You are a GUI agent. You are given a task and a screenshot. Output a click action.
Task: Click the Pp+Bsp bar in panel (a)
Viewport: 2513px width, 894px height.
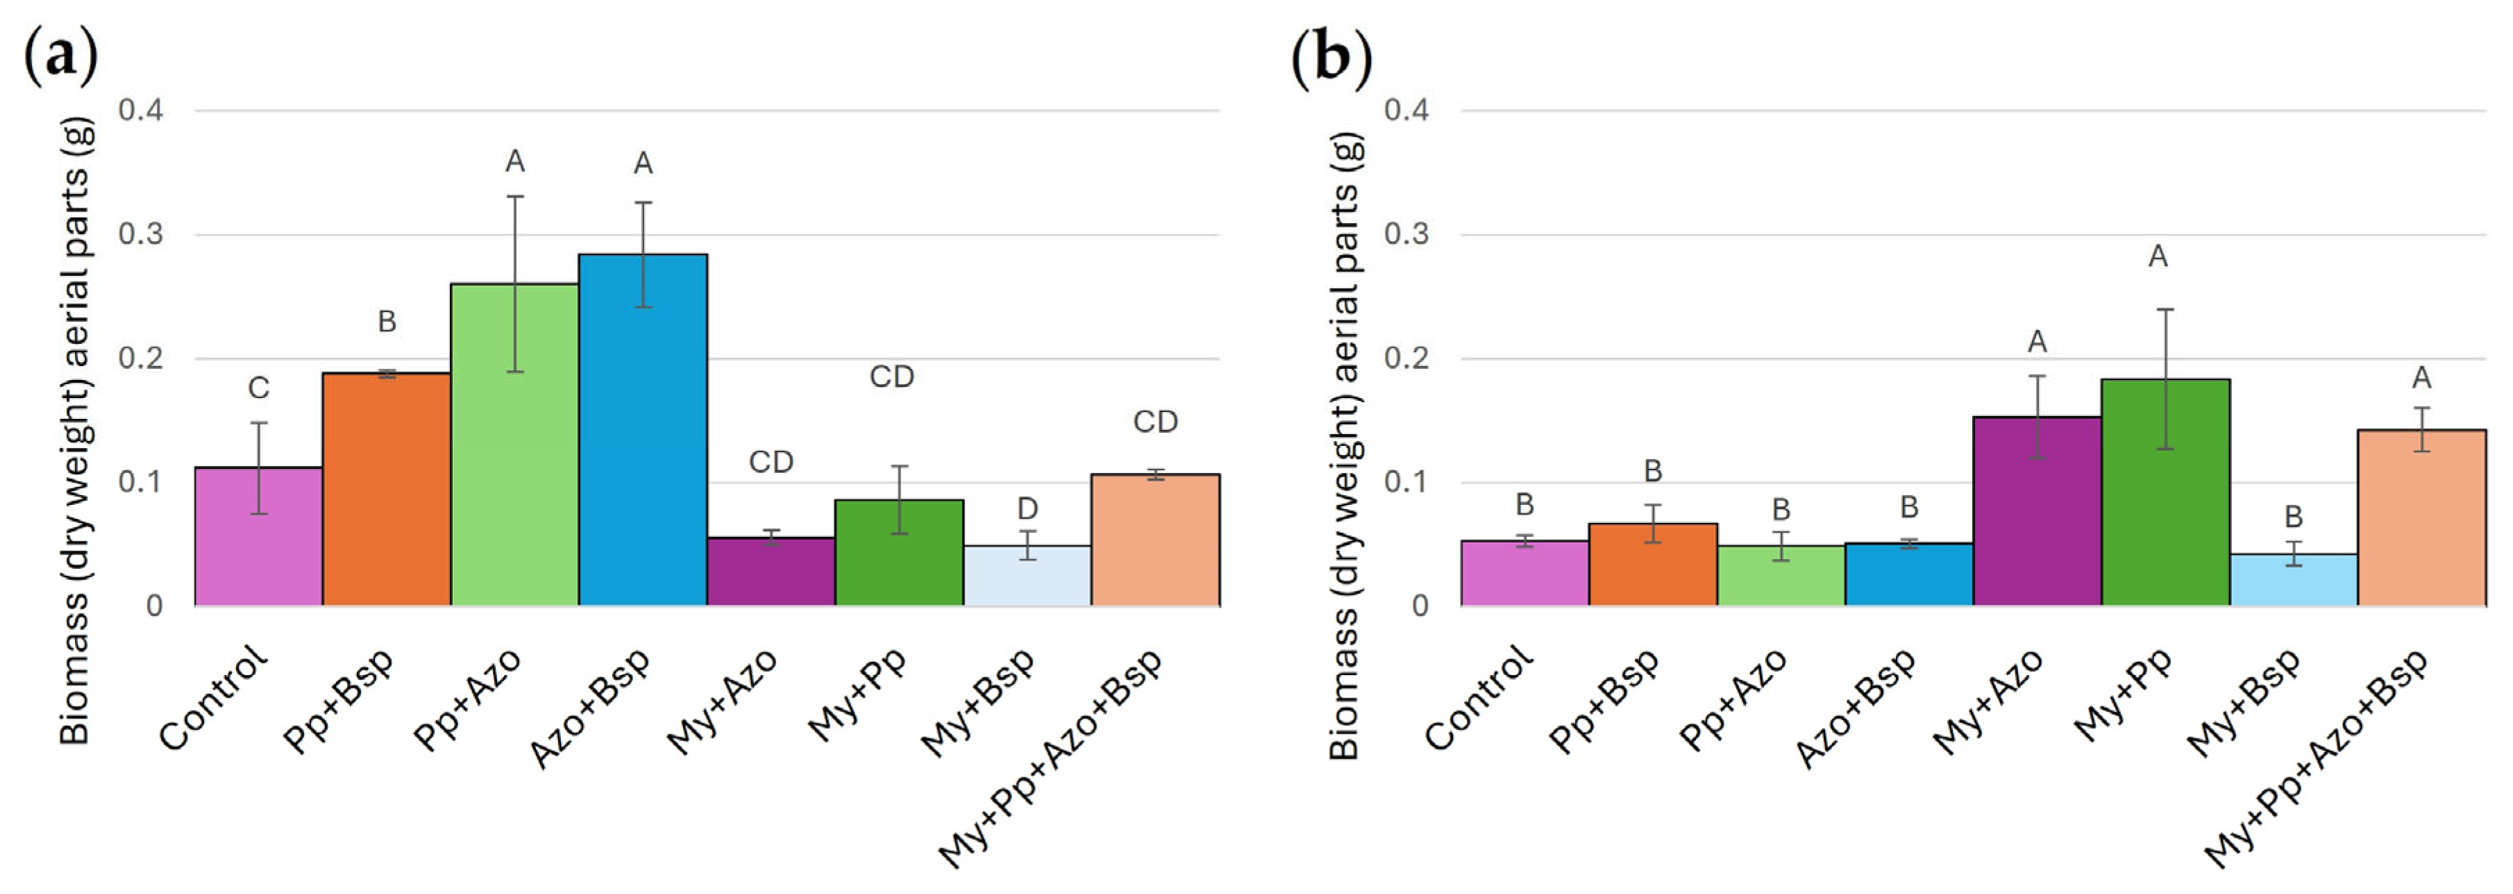[386, 489]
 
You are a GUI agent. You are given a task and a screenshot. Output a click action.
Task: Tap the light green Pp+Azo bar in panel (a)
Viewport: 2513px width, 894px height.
[515, 445]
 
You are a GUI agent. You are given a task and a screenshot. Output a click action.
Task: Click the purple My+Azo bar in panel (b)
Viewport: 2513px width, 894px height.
[2037, 511]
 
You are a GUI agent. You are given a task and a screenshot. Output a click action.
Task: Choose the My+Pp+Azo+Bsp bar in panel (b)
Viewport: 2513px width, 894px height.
[2421, 518]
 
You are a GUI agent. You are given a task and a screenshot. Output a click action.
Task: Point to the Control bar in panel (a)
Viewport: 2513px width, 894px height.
[258, 537]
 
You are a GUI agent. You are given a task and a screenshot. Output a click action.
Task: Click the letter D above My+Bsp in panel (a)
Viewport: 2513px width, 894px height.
[1027, 508]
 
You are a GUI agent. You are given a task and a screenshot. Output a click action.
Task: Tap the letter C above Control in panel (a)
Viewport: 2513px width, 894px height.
[258, 388]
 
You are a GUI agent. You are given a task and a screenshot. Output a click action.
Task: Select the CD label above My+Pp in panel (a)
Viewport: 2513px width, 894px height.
[891, 376]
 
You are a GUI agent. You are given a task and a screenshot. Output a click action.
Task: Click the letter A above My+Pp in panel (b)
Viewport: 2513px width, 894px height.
[2158, 257]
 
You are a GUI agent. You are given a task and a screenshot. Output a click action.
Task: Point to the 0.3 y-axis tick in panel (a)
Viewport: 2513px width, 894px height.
[140, 234]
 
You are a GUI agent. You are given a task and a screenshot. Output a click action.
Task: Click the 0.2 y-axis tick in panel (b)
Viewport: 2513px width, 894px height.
[1406, 358]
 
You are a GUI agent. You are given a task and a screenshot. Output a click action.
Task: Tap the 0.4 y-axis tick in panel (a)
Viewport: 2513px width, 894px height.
[140, 109]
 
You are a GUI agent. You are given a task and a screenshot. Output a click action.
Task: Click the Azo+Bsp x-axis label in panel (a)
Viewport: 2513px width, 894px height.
[590, 708]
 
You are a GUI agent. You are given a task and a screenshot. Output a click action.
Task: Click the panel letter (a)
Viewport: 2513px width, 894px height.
[60, 56]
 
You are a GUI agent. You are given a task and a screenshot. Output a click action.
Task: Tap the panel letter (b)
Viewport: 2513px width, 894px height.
[1331, 56]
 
